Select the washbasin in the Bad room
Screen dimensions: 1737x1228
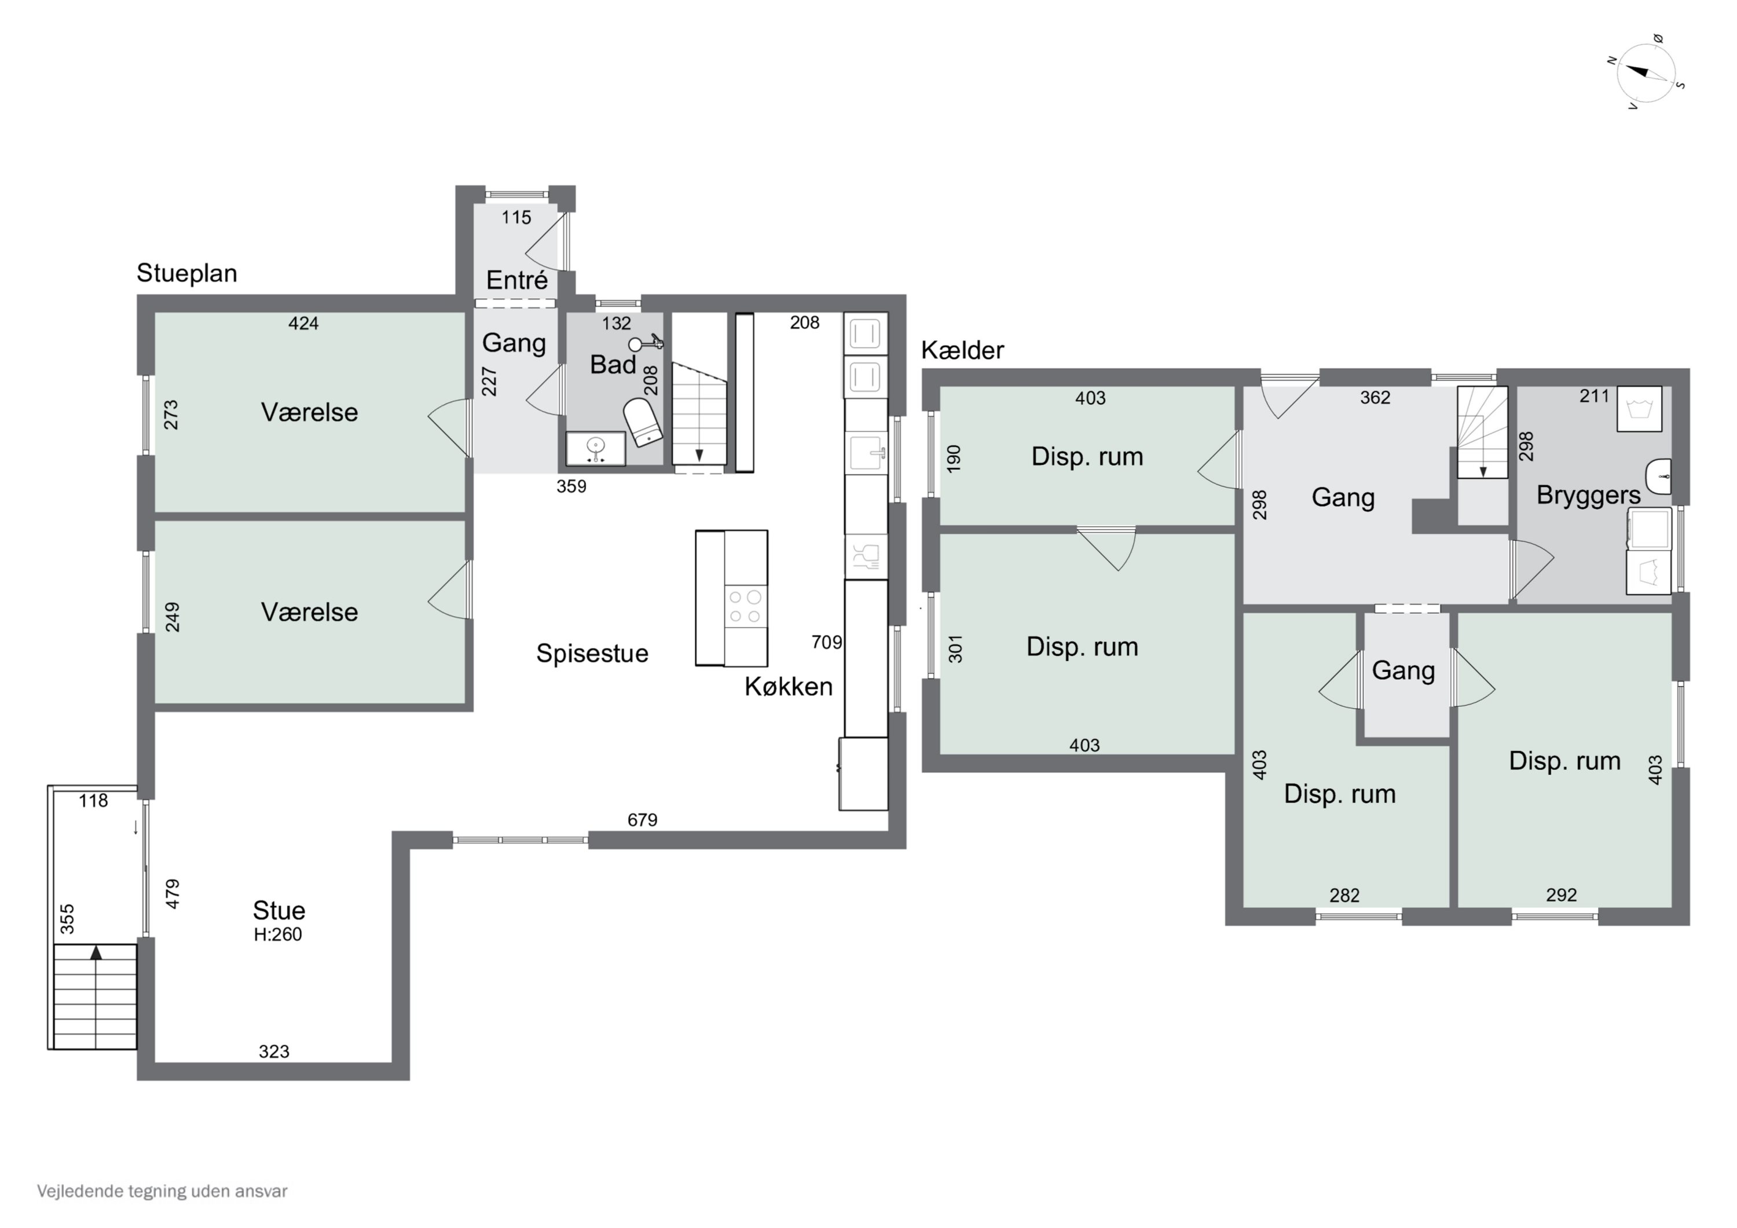(x=596, y=449)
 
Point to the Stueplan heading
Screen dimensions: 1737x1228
(x=187, y=273)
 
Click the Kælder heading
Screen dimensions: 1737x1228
(x=962, y=350)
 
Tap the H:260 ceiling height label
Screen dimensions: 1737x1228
(x=278, y=934)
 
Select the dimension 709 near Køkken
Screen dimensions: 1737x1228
(x=826, y=643)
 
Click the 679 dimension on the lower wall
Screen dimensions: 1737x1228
(x=642, y=820)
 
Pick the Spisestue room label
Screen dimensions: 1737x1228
(x=592, y=653)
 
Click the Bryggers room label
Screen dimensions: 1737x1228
(x=1588, y=496)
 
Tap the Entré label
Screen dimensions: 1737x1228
(x=516, y=280)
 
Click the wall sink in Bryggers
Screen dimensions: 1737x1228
(x=1658, y=476)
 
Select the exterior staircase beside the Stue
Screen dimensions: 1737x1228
(x=94, y=996)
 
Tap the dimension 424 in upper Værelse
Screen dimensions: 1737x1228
(x=303, y=324)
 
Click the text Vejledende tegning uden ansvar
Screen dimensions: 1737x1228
(x=162, y=1191)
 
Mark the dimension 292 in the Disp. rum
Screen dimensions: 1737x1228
(x=1562, y=895)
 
